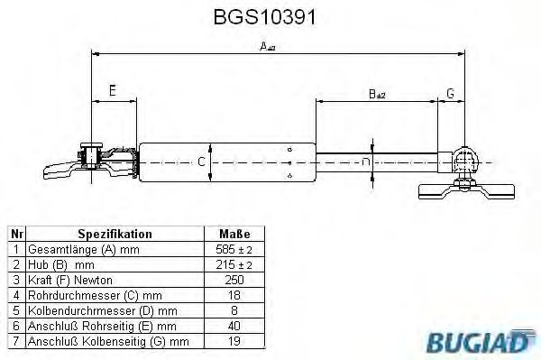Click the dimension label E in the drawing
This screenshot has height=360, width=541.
click(x=112, y=90)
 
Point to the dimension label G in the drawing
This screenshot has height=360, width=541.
click(x=450, y=92)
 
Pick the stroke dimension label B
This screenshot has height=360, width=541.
click(x=376, y=92)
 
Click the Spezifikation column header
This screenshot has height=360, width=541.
click(x=115, y=233)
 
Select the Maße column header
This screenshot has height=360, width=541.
click(x=235, y=233)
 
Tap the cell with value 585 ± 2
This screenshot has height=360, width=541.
click(x=235, y=248)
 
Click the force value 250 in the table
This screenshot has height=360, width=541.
click(x=235, y=279)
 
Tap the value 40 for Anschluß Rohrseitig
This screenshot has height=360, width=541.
click(x=235, y=325)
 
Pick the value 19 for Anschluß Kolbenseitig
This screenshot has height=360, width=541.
click(x=235, y=340)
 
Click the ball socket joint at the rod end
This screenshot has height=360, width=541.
click(x=465, y=161)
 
